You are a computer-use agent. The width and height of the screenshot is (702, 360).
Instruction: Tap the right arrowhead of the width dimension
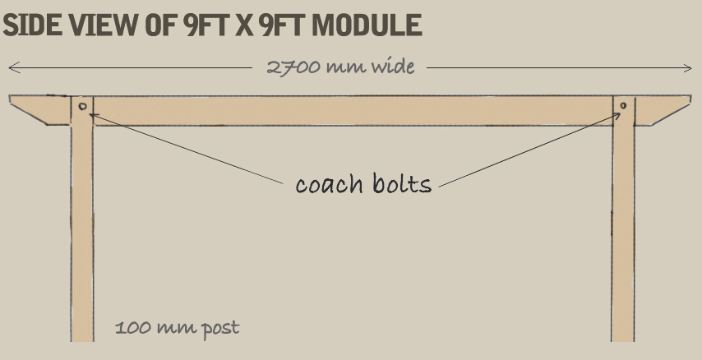[x=689, y=68]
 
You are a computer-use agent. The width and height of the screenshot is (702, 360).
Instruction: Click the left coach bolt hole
[x=82, y=106]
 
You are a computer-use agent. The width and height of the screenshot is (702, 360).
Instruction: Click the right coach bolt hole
[x=623, y=105]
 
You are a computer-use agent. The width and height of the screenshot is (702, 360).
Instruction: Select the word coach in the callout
[x=330, y=183]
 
